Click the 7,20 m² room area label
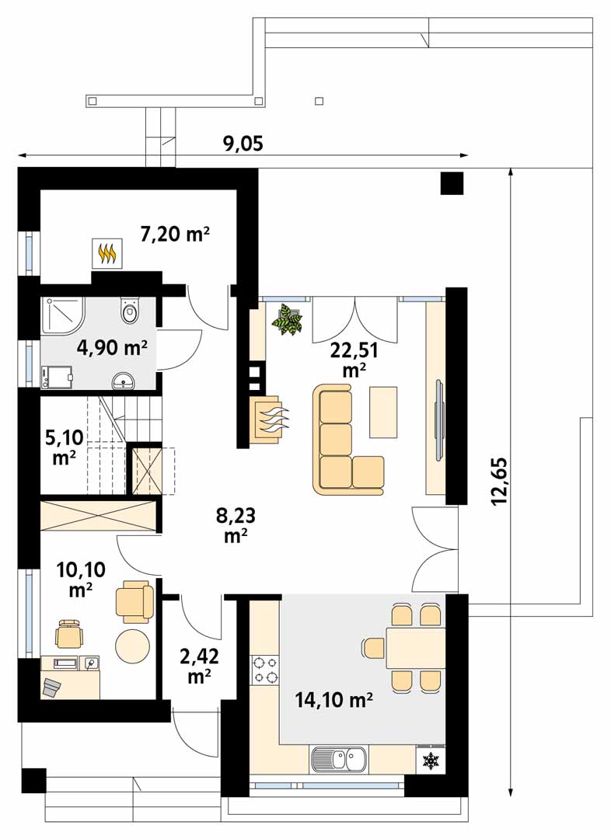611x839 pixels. pos(175,234)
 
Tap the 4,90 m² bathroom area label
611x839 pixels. pos(112,348)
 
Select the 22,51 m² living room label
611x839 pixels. pos(354,359)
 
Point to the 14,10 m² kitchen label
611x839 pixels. pos(333,699)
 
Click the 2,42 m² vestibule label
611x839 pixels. pos(199,666)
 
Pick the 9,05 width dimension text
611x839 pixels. pos(243,144)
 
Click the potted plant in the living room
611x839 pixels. pos(288,320)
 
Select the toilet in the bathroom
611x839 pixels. pos(130,309)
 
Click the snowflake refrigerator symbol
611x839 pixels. pos(431,761)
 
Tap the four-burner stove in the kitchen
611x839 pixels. pos(265,670)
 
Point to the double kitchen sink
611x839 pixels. pos(339,759)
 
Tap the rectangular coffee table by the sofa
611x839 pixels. pos(383,412)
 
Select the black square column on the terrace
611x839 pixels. pos(452,183)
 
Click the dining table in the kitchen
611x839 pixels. pos(416,648)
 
